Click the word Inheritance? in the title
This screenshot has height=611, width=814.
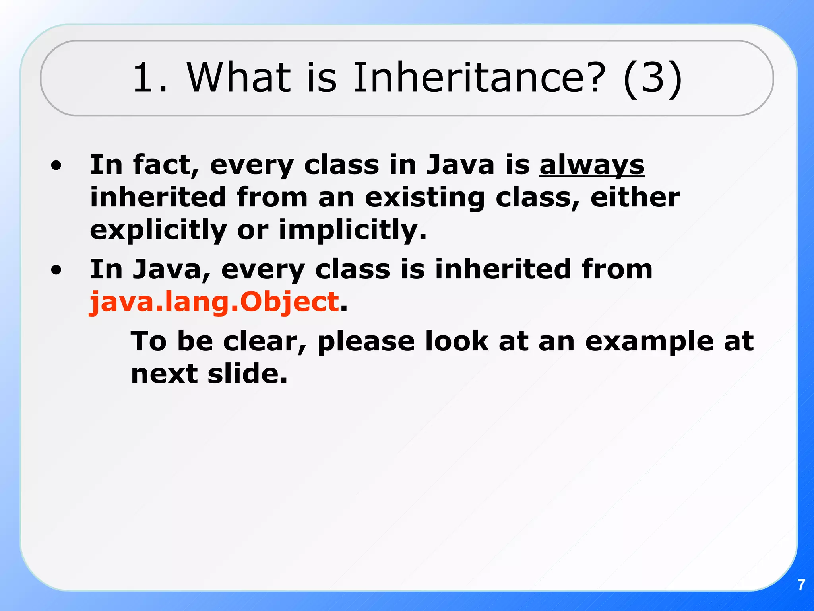click(x=479, y=78)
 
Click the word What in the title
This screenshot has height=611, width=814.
click(x=238, y=78)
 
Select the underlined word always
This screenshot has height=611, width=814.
click(x=591, y=165)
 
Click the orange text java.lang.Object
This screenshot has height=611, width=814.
click(x=214, y=302)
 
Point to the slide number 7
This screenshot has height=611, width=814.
click(x=801, y=585)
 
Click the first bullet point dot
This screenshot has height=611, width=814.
click(x=56, y=165)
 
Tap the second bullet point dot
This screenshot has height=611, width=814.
click(x=56, y=270)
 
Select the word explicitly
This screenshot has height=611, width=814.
click(x=158, y=231)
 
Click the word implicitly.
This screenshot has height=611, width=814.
click(x=352, y=231)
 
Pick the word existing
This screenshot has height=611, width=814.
click(x=424, y=198)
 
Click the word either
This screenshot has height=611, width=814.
click(x=635, y=198)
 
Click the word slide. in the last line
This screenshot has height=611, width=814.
click(x=247, y=374)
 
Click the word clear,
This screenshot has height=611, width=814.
click(x=264, y=341)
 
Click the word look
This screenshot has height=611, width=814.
click(x=456, y=341)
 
